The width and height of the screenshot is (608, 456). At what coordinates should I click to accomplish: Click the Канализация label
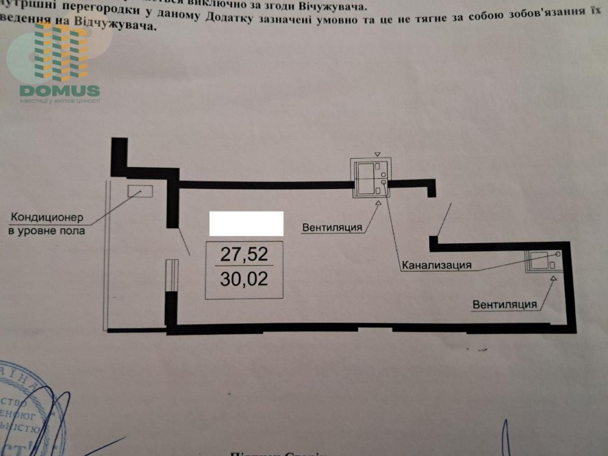(x=436, y=265)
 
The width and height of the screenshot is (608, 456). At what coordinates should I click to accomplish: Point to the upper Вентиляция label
(x=332, y=227)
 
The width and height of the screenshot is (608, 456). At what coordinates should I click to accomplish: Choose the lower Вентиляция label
(x=505, y=304)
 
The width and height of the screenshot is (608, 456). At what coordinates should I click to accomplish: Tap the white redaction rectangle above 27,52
(x=246, y=223)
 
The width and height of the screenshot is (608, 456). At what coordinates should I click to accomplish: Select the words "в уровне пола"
(x=47, y=231)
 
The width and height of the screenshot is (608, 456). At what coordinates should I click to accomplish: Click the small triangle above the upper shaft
(x=377, y=154)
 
